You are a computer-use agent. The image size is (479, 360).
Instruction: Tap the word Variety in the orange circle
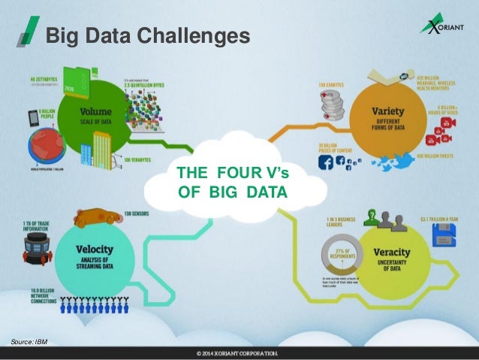point(388,112)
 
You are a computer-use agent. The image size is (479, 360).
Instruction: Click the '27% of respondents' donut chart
point(337,253)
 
